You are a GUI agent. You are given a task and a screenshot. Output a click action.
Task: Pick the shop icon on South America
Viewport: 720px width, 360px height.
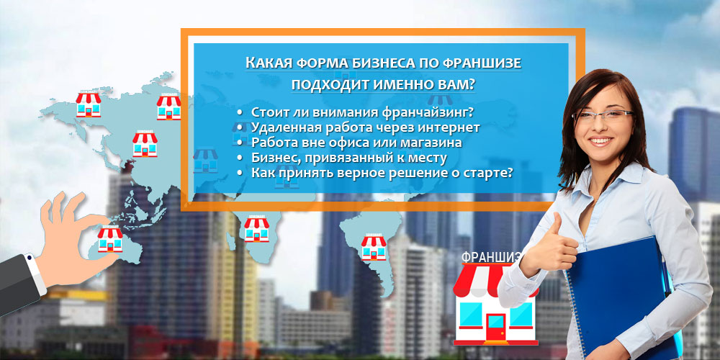click(x=373, y=248)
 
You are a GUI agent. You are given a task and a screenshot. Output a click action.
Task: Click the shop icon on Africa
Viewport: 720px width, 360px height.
click(x=257, y=229)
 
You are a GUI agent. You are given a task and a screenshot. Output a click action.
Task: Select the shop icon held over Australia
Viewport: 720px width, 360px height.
click(x=110, y=240)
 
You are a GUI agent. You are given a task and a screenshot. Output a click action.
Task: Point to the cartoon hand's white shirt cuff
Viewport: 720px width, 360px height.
click(x=35, y=274)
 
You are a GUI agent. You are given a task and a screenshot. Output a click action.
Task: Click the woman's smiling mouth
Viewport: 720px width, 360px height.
click(x=600, y=140)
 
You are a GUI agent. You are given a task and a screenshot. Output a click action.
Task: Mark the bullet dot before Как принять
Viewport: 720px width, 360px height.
click(x=240, y=174)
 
